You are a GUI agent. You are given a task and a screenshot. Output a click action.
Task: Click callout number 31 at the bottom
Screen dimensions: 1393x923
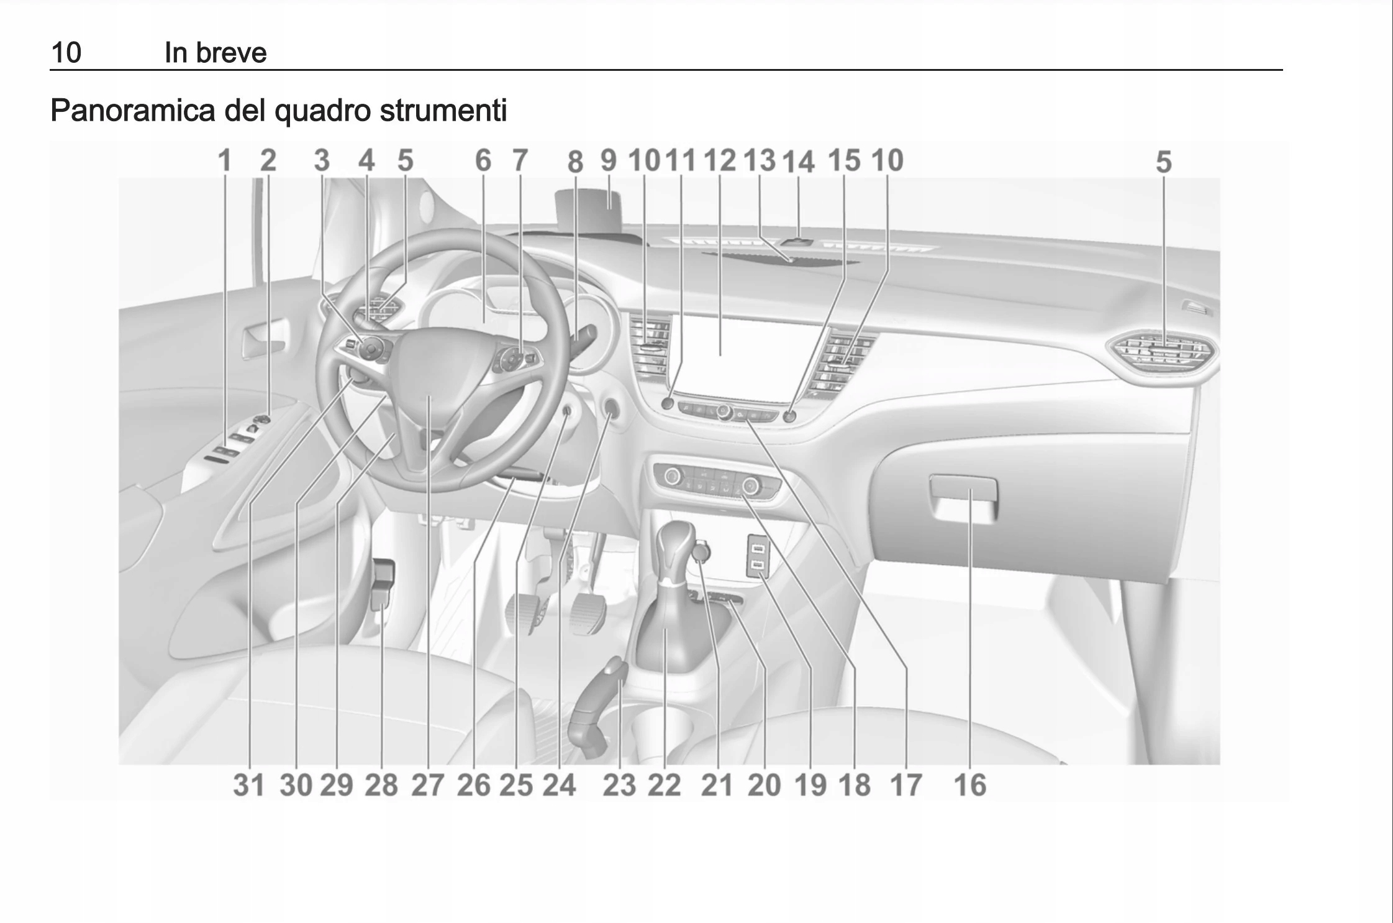pos(249,784)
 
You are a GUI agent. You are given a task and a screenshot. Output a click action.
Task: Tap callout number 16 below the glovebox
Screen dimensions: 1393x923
pos(969,784)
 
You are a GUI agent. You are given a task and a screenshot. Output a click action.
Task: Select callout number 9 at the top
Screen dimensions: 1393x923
pos(609,160)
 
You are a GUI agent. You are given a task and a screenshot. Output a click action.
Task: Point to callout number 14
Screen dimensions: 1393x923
pos(798,162)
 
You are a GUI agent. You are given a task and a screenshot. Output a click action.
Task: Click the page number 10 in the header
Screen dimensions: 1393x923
pos(66,52)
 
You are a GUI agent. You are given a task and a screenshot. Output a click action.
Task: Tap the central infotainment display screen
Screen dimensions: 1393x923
pos(745,354)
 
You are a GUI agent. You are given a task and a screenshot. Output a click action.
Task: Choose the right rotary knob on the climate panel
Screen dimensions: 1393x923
pos(750,483)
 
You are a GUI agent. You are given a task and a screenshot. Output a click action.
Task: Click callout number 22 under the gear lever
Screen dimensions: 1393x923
pos(665,784)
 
